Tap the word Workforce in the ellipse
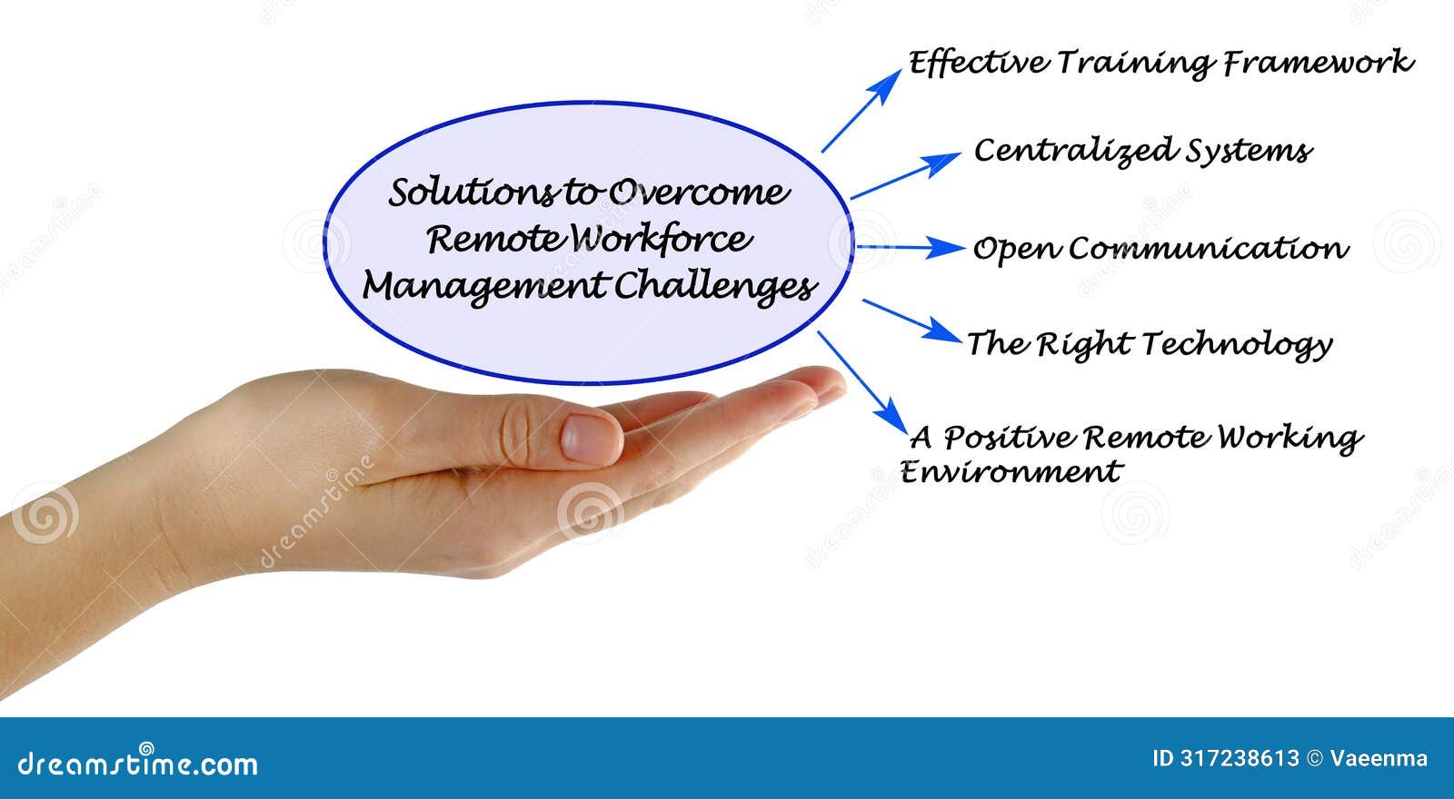(x=662, y=240)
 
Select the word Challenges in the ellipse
(x=714, y=287)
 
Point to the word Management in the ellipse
(x=483, y=287)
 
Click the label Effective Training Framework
(x=1160, y=64)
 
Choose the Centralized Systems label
(x=1142, y=151)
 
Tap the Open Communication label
(x=1160, y=249)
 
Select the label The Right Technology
(x=1149, y=344)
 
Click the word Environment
(x=1011, y=472)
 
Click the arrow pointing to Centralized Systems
(x=904, y=175)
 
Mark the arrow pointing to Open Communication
(x=909, y=247)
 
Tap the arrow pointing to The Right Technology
(x=911, y=321)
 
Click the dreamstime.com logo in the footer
(x=138, y=764)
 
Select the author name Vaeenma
(x=1379, y=758)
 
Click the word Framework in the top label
(x=1318, y=64)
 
